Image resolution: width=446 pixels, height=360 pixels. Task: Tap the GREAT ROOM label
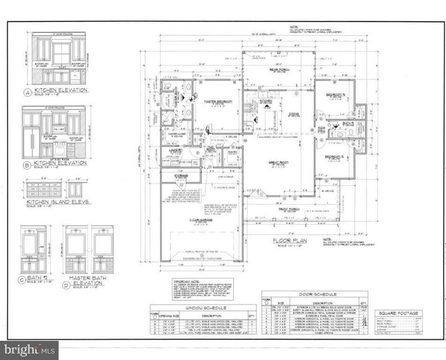[278, 162]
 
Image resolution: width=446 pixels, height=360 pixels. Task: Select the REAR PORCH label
[278, 70]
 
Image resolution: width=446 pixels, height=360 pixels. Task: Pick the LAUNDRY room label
[175, 150]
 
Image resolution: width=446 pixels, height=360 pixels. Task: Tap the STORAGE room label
[181, 176]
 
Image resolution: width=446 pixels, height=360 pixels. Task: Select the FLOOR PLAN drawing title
[289, 240]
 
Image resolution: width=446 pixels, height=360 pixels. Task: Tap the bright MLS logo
[29, 350]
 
